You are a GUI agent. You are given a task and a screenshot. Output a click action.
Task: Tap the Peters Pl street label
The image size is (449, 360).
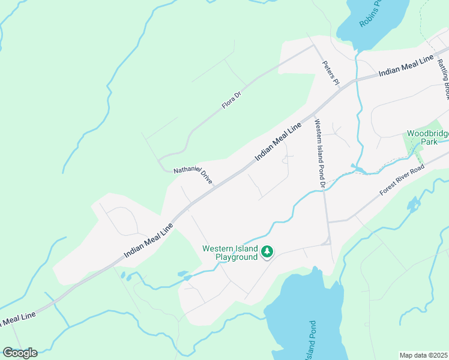[331, 73]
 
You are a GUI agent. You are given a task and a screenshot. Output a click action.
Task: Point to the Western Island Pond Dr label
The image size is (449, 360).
[319, 154]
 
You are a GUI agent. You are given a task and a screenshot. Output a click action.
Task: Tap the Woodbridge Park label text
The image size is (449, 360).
[427, 137]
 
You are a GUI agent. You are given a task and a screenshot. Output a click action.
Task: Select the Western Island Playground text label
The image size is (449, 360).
[230, 253]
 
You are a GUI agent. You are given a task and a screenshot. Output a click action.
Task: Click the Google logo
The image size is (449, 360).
[20, 353]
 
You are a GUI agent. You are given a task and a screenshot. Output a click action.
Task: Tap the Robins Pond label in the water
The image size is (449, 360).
[371, 13]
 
